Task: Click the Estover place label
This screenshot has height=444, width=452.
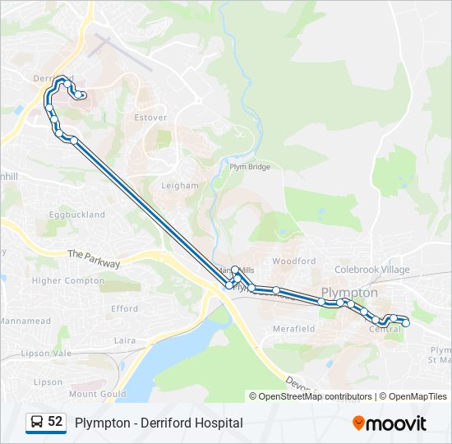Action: pos(150,118)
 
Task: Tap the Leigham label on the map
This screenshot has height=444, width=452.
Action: pos(180,186)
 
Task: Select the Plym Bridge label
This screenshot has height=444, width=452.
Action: pos(250,167)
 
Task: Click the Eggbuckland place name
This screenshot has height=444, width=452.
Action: pos(77,215)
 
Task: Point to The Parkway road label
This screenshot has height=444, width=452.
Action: pos(94,259)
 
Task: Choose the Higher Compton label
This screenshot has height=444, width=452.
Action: pos(68,280)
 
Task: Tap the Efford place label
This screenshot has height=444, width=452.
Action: pos(124,309)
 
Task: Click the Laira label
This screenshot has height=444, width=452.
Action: pos(125,340)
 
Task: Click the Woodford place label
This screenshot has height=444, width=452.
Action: pos(293,261)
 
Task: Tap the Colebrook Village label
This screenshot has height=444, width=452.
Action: pos(371,270)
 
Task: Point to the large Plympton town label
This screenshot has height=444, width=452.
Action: pos(349,292)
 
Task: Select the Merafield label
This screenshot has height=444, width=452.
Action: pos(293,329)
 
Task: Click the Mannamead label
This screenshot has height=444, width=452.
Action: pos(25,320)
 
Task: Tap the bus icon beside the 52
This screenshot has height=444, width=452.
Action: pos(37,422)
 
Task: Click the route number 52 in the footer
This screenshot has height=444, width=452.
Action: pos(55,422)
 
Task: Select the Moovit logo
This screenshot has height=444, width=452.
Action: pos(390,423)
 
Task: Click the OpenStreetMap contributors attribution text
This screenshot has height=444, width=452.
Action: pos(315,396)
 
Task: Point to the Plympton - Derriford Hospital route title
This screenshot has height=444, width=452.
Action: pos(159,423)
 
